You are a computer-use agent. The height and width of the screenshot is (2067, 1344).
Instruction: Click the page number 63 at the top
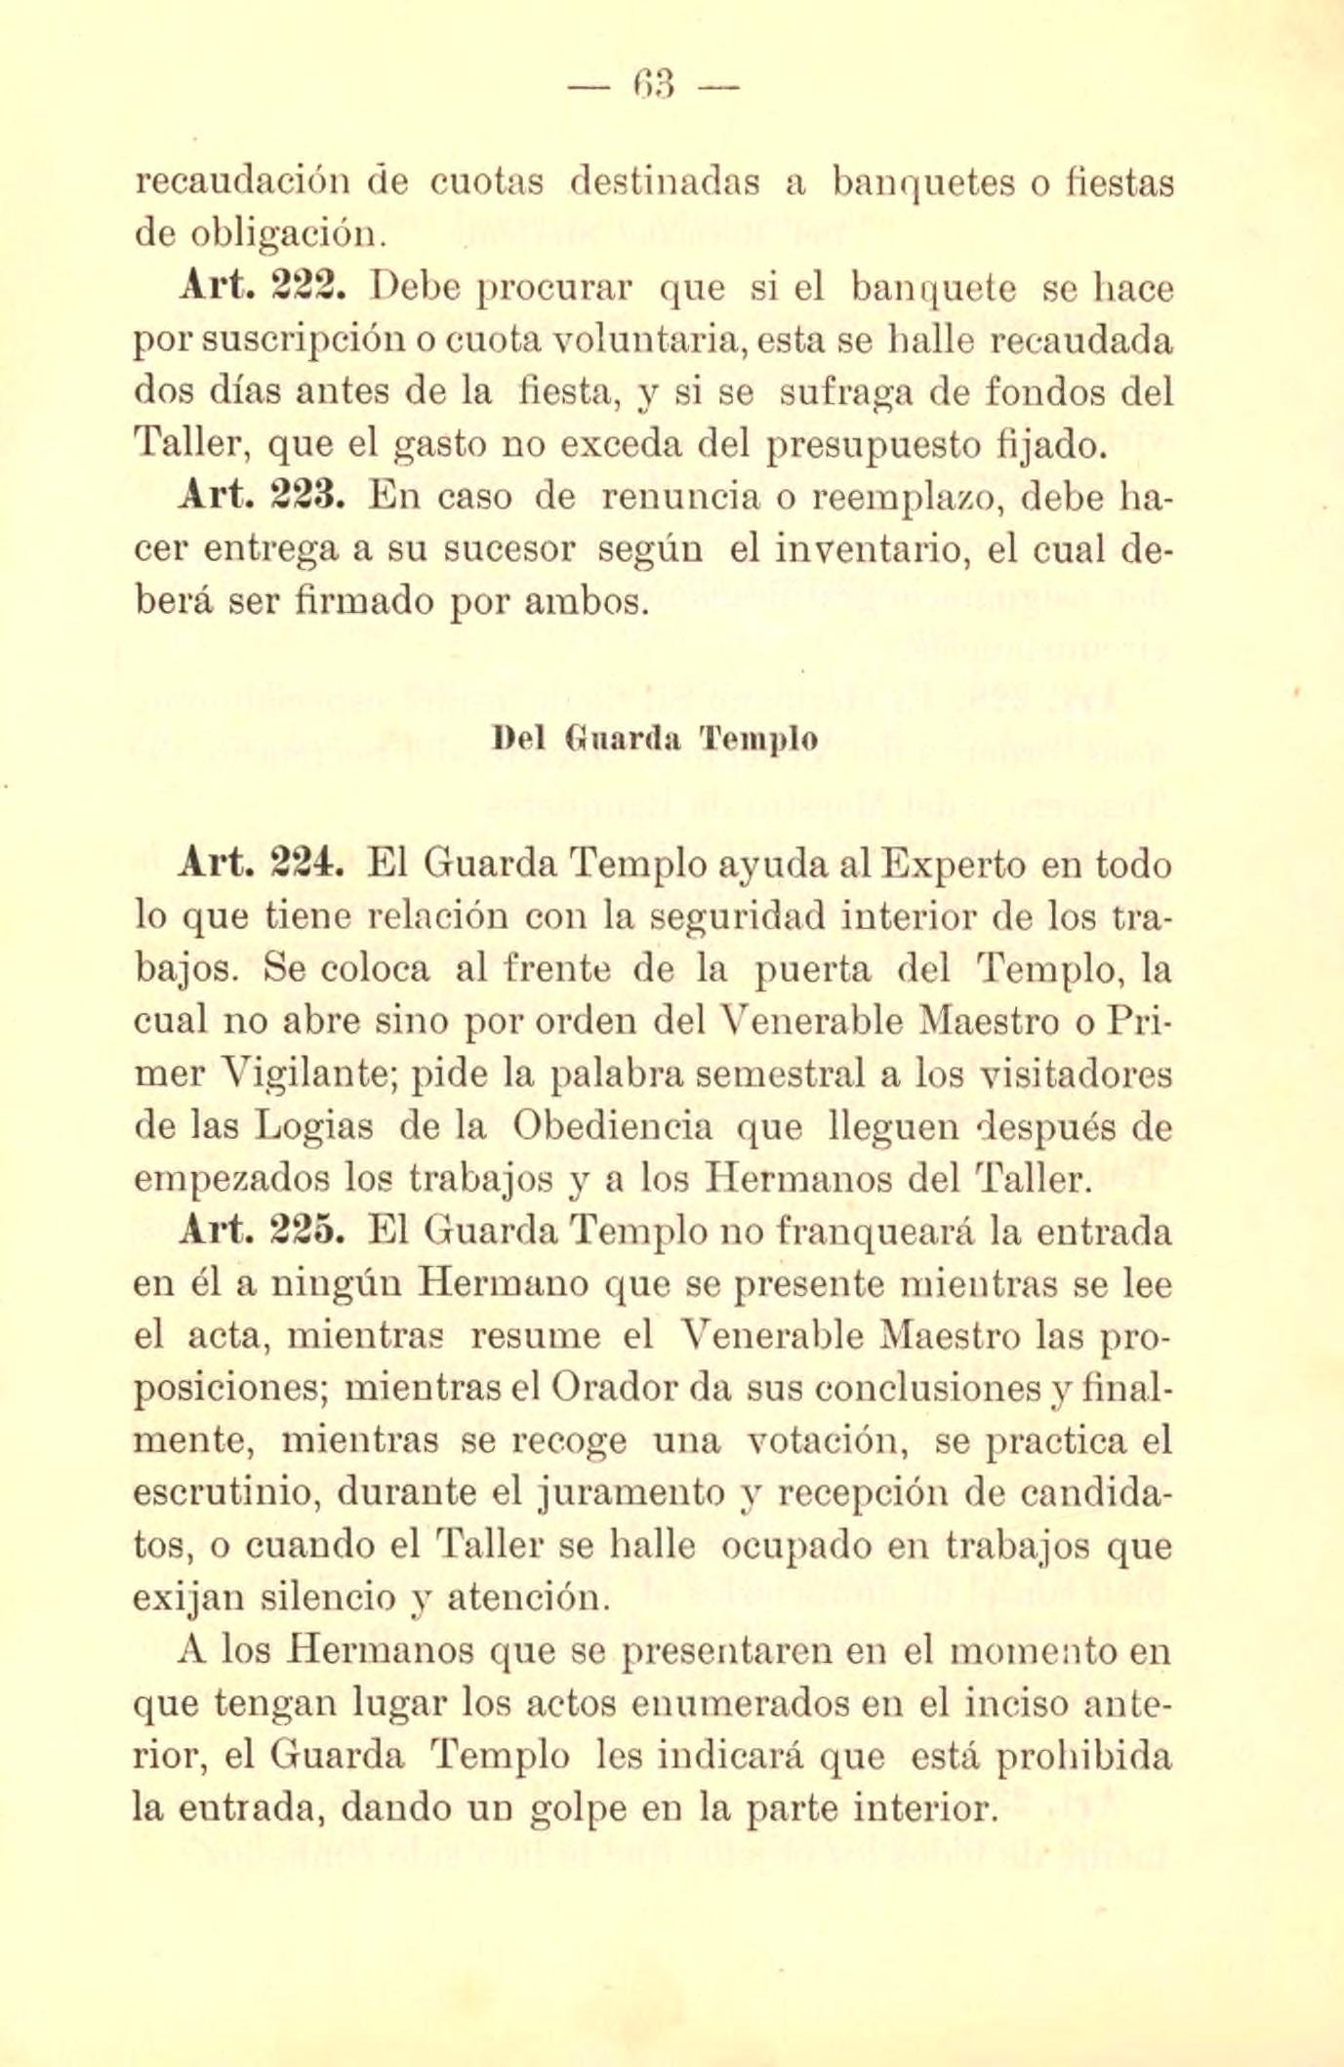tap(653, 89)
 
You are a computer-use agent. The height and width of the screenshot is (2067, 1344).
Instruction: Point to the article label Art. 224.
tap(260, 864)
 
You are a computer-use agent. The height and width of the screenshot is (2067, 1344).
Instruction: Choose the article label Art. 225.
tap(260, 1233)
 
